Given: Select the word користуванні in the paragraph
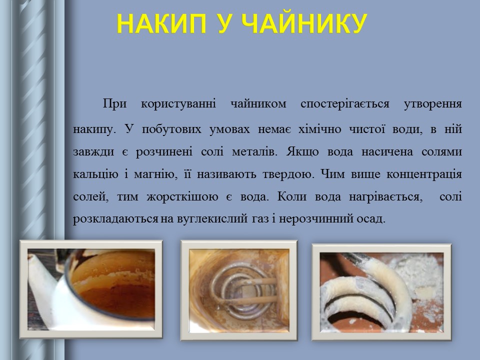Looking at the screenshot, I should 178,105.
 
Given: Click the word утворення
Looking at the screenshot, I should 432,105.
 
